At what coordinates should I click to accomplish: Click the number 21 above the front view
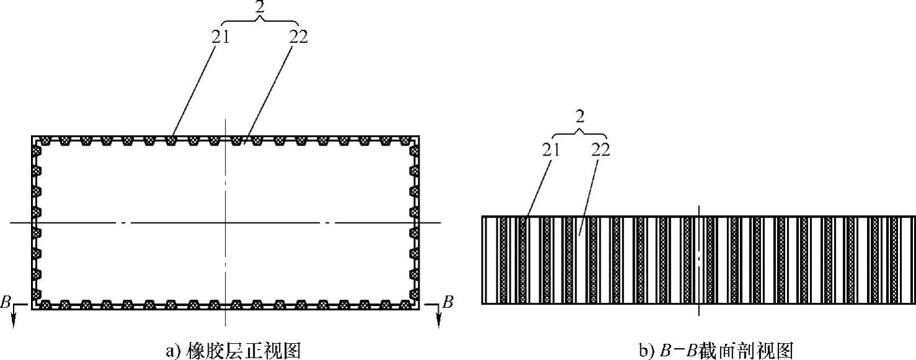[x=220, y=37]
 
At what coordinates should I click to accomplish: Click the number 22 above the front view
[x=298, y=37]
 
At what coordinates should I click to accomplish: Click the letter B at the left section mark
[x=6, y=303]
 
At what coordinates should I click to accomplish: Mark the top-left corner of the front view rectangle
[x=32, y=136]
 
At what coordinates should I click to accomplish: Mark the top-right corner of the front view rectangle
[x=419, y=136]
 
